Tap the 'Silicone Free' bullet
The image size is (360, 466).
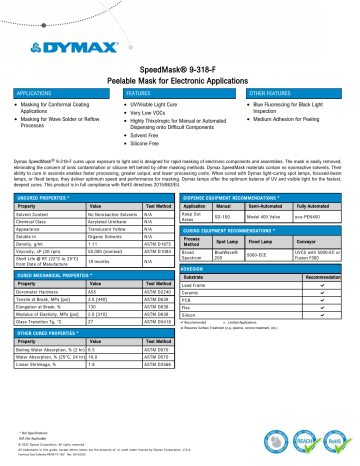pos(155,145)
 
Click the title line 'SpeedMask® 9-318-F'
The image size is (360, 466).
pos(180,61)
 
